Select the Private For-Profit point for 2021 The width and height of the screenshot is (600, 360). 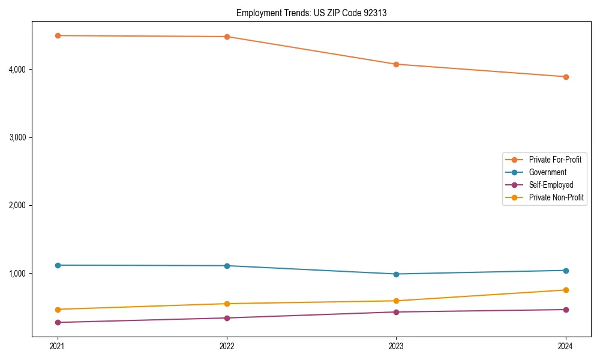coord(58,35)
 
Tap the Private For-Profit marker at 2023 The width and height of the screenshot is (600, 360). coord(396,64)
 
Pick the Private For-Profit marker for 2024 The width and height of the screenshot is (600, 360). coord(566,77)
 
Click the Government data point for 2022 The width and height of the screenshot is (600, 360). coord(227,266)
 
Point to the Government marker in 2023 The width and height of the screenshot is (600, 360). coord(396,274)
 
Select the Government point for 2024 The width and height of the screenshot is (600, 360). coord(566,271)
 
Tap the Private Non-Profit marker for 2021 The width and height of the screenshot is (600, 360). coord(58,310)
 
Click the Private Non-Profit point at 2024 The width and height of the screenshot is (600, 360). coord(566,290)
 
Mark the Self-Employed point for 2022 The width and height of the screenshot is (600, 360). coord(227,318)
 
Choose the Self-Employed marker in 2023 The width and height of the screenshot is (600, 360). coord(396,312)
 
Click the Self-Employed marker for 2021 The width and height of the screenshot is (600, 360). coord(58,323)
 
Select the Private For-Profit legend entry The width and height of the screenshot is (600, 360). coord(554,160)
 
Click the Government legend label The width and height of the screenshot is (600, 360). coord(547,172)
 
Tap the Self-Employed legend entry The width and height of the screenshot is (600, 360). coord(551,185)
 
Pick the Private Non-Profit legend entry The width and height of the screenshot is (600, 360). coord(556,197)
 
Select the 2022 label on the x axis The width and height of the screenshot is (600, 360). coord(227,346)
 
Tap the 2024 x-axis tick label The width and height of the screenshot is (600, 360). coord(566,346)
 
